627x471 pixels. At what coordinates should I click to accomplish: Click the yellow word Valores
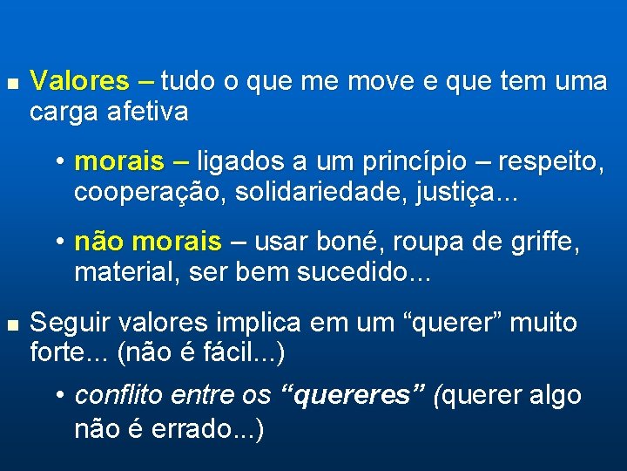pos(79,82)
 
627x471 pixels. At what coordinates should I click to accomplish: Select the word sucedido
pos(352,273)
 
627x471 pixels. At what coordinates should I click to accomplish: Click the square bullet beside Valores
pos(10,83)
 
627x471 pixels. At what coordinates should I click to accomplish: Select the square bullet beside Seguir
pos(10,324)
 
